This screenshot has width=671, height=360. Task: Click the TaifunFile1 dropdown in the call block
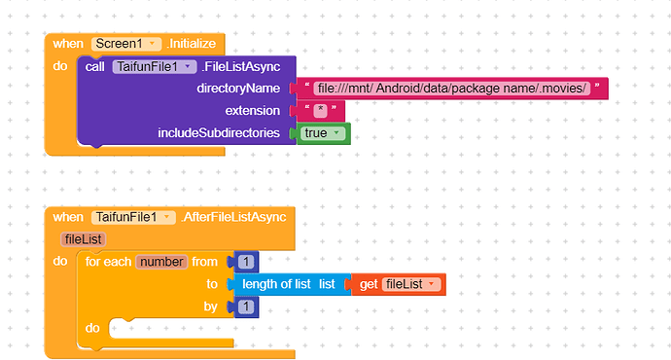point(155,67)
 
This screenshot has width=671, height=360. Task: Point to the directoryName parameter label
point(238,89)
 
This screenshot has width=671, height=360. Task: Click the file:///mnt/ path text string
point(453,89)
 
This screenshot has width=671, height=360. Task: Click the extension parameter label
point(253,111)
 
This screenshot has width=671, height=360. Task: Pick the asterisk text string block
point(319,111)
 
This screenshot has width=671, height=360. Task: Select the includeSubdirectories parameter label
point(220,132)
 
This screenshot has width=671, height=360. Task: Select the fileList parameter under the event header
point(83,239)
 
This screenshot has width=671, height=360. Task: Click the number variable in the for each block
point(161,262)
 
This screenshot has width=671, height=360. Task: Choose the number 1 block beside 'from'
point(246,262)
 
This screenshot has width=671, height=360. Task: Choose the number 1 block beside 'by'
point(246,306)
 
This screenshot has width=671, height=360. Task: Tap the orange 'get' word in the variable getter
point(369,284)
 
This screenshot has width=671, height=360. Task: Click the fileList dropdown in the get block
point(409,284)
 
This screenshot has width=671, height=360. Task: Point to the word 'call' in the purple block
point(95,67)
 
